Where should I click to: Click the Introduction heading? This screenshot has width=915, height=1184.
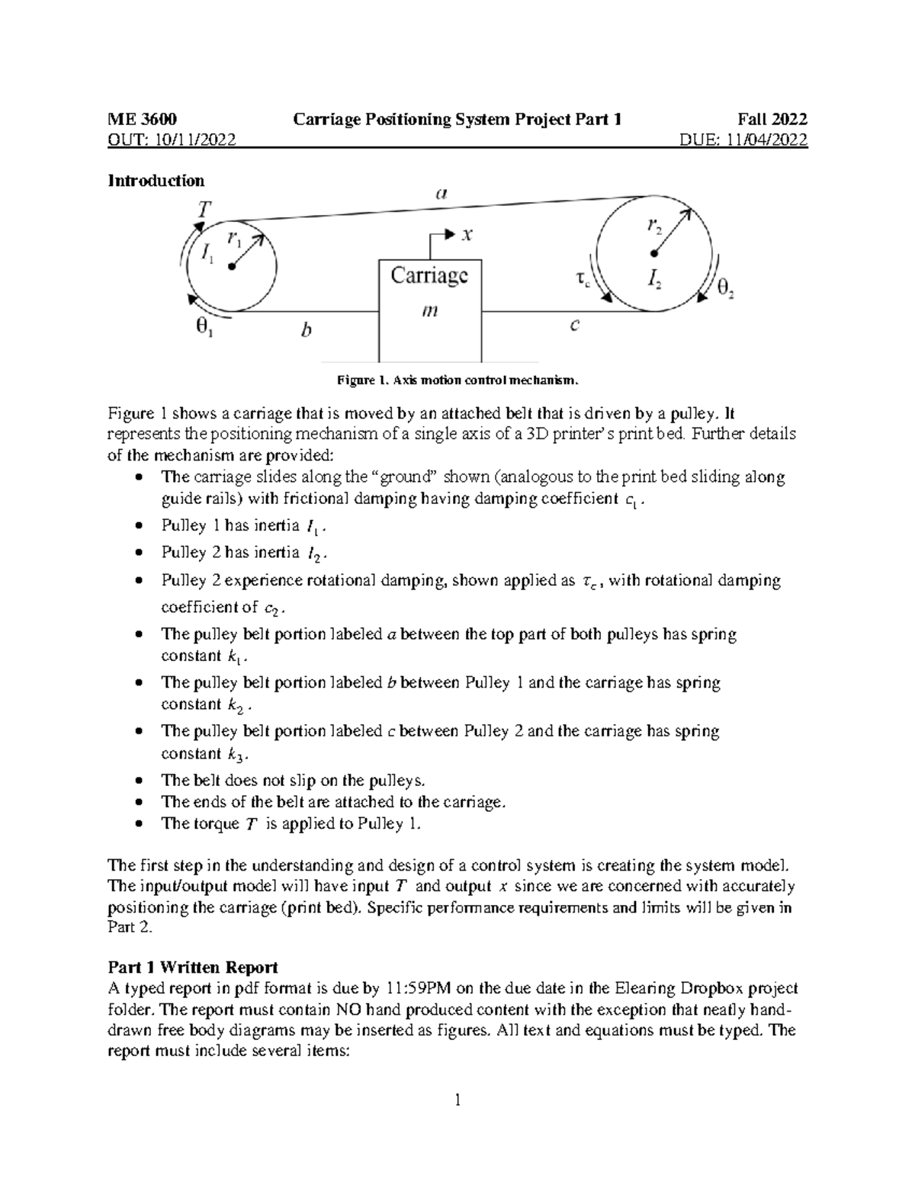click(156, 181)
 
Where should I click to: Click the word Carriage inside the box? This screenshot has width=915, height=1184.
click(429, 275)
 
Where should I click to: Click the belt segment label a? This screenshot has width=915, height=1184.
click(440, 194)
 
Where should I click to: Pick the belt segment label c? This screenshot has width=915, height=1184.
click(575, 326)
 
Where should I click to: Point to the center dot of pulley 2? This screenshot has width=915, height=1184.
click(653, 253)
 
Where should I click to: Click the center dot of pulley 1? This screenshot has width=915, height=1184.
click(231, 267)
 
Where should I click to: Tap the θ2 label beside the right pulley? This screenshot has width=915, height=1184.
click(727, 288)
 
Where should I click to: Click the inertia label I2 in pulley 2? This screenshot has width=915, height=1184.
click(654, 281)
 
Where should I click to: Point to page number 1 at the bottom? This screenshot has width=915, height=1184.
click(457, 1099)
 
